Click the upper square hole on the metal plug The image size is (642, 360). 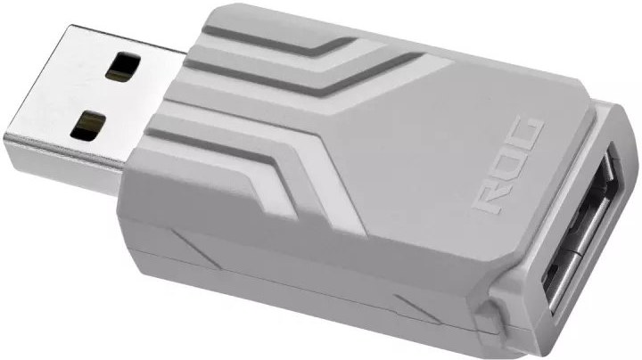[x=123, y=65]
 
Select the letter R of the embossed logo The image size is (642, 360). [x=490, y=199]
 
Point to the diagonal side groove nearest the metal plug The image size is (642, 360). [x=195, y=249]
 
